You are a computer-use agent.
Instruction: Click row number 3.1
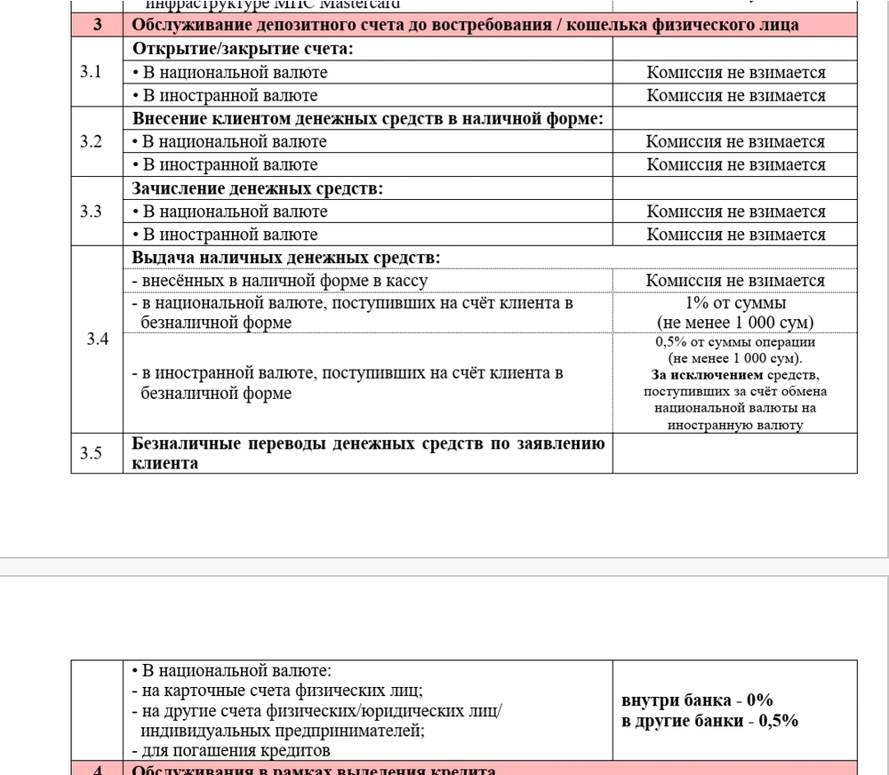92,72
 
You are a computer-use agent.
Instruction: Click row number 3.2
92,141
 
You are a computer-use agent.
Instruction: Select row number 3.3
92,212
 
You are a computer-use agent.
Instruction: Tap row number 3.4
98,340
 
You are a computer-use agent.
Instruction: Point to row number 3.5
92,452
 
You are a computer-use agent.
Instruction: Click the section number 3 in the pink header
97,25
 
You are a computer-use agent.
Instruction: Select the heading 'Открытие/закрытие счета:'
243,49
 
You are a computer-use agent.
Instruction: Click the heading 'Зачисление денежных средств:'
257,188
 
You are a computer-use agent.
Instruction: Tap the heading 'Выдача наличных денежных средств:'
285,258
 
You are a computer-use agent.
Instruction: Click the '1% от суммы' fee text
735,303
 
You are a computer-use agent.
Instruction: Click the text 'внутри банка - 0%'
696,699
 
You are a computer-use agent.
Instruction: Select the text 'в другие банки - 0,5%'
709,720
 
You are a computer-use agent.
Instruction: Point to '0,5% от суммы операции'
735,342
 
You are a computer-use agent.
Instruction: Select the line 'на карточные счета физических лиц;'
276,691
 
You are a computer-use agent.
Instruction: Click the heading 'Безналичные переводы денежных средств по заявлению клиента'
368,452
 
